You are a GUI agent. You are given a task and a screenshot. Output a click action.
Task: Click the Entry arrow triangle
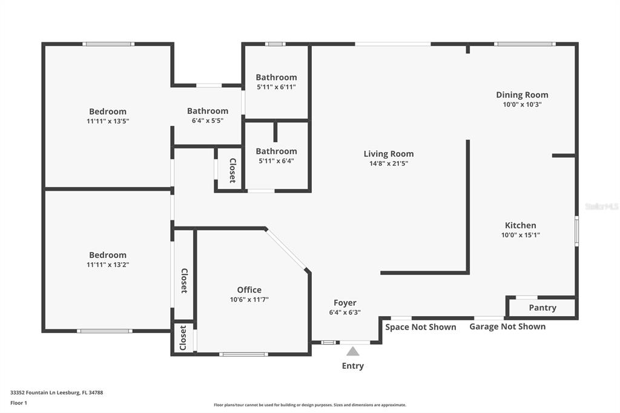pyautogui.click(x=353, y=351)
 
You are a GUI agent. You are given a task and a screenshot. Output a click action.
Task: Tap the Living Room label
pyautogui.click(x=389, y=154)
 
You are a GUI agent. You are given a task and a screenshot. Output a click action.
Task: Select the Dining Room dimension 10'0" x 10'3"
pyautogui.click(x=522, y=104)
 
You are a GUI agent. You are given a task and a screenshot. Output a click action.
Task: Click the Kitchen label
pyautogui.click(x=520, y=225)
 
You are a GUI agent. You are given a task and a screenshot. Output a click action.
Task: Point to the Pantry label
pyautogui.click(x=542, y=308)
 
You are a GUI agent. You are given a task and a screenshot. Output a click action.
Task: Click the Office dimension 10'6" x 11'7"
pyautogui.click(x=249, y=300)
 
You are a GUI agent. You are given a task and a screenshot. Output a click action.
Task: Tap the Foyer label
pyautogui.click(x=345, y=303)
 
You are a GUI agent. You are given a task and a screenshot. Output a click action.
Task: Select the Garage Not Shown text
pyautogui.click(x=507, y=327)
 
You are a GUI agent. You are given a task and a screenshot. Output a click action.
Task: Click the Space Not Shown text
pyautogui.click(x=421, y=327)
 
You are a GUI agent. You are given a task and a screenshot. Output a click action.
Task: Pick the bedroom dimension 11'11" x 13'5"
pyautogui.click(x=108, y=121)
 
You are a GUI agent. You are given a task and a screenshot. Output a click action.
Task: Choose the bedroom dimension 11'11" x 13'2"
pyautogui.click(x=108, y=265)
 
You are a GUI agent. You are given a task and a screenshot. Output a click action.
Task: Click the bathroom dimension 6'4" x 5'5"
pyautogui.click(x=208, y=121)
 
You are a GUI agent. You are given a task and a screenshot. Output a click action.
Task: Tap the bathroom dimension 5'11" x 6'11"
pyautogui.click(x=276, y=87)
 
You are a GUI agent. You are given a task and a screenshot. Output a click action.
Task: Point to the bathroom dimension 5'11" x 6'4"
pyautogui.click(x=276, y=161)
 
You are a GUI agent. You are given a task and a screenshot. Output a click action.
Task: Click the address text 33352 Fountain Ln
pyautogui.click(x=35, y=393)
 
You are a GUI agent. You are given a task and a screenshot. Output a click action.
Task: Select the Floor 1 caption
pyautogui.click(x=19, y=403)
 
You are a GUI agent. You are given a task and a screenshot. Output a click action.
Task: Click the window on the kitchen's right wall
pyautogui.click(x=576, y=231)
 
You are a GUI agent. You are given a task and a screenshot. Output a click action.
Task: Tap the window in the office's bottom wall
pyautogui.click(x=243, y=354)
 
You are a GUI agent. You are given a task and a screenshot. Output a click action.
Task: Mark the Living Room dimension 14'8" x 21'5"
pyautogui.click(x=389, y=164)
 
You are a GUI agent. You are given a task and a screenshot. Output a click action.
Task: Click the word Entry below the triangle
pyautogui.click(x=353, y=366)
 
